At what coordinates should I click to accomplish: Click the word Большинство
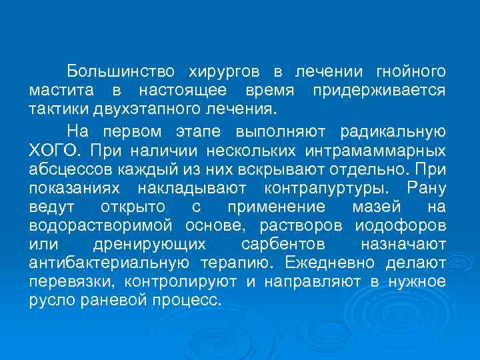point(121,71)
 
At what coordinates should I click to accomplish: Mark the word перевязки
point(66,281)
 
